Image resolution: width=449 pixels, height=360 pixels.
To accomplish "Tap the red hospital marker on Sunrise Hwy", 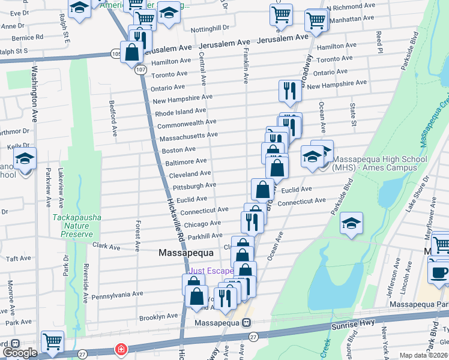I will pos(121,349).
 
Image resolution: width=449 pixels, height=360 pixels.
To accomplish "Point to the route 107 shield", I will pos(140,70).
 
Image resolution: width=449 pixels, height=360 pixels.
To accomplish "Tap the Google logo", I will pos(20,353).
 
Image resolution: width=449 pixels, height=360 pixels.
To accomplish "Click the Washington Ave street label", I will pos(35,97).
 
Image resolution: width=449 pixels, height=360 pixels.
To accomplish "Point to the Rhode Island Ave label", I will pos(181,112).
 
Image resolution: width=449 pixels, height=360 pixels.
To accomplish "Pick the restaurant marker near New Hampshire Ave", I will pos(291,91).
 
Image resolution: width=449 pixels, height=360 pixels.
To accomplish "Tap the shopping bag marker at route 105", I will pos(131,52).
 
